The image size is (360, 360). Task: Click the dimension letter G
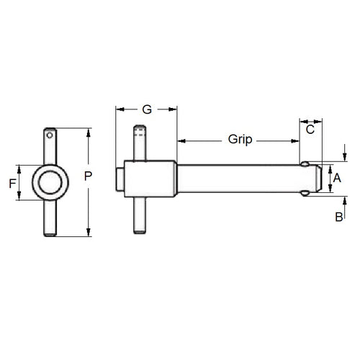pos(146,110)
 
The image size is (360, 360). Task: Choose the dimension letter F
pos(12,183)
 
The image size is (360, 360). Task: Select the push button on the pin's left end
pos(118,179)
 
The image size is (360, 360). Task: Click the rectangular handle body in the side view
pos(150,179)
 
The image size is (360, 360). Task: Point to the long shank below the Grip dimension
pos(238,179)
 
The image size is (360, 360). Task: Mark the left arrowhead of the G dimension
pos(120,109)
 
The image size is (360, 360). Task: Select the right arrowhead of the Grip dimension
pos(296,139)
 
